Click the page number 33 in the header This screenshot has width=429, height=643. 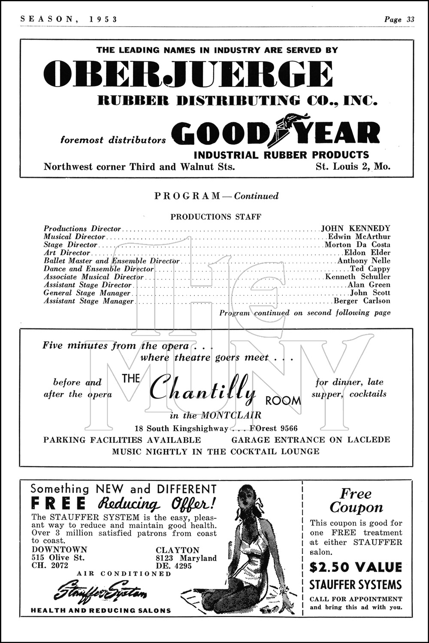pyautogui.click(x=411, y=19)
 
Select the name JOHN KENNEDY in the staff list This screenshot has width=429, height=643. pyautogui.click(x=356, y=228)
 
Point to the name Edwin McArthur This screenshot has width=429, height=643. pyautogui.click(x=359, y=237)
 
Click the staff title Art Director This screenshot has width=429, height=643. pyautogui.click(x=67, y=253)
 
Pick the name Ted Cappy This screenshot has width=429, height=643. pyautogui.click(x=370, y=269)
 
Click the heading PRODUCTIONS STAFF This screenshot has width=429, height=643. pyautogui.click(x=215, y=216)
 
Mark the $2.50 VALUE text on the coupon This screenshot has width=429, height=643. pyautogui.click(x=356, y=567)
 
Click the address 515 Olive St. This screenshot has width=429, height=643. pyautogui.click(x=58, y=558)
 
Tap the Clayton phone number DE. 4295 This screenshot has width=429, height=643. pyautogui.click(x=174, y=566)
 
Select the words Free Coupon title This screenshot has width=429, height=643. pyautogui.click(x=356, y=501)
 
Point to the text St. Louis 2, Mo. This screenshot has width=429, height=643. pyautogui.click(x=353, y=166)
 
